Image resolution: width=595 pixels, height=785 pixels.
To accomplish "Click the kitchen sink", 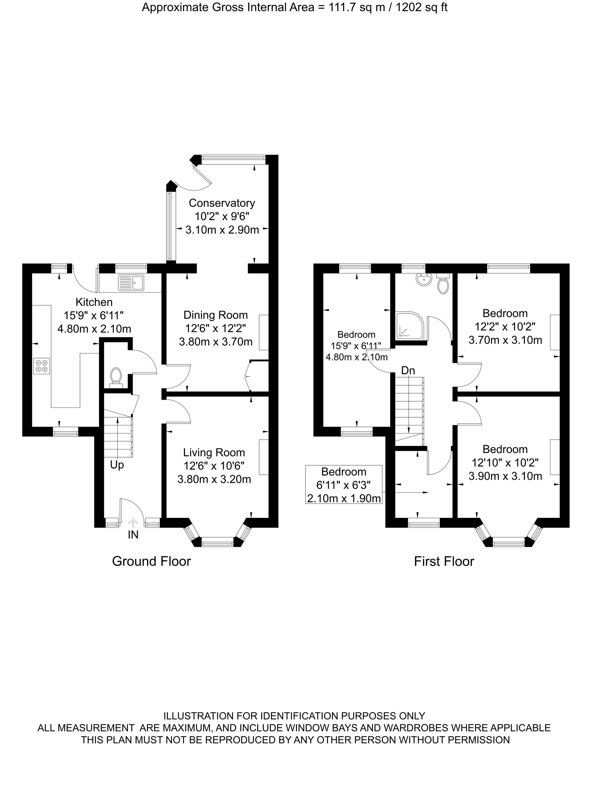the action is tap(132, 283).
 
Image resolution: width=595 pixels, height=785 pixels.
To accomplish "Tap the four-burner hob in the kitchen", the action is tap(42, 366).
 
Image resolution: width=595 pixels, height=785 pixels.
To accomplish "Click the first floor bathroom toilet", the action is tap(443, 283).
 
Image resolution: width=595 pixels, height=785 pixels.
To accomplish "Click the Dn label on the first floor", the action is tap(408, 371).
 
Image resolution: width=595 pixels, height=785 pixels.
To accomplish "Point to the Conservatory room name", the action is tap(222, 203).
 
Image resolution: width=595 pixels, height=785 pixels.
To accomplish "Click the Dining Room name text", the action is tap(215, 315).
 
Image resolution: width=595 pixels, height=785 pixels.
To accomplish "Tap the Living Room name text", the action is tap(214, 452).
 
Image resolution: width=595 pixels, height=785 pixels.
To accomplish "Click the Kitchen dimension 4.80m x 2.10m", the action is tap(94, 329).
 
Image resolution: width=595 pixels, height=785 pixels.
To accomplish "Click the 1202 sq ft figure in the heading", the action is tap(421, 7).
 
